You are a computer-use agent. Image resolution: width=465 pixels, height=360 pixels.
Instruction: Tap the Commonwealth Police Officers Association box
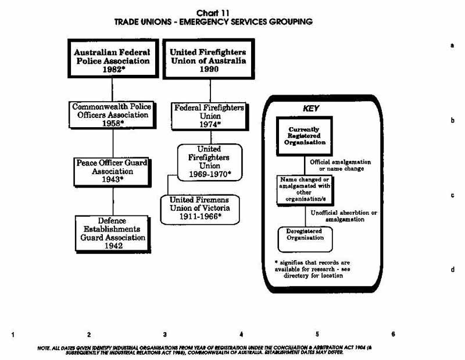click(x=112, y=116)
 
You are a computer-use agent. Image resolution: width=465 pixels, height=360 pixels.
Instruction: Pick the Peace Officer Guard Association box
click(x=112, y=171)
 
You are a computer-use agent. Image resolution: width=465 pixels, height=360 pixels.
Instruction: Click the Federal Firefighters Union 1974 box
click(x=209, y=116)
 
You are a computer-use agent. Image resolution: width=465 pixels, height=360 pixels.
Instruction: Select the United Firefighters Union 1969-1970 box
click(x=209, y=162)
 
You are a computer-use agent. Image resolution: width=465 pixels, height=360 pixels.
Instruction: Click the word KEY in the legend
click(x=311, y=108)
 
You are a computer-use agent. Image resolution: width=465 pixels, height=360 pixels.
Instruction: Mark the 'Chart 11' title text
click(x=213, y=13)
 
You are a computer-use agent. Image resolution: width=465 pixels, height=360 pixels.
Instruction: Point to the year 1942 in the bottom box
click(x=112, y=246)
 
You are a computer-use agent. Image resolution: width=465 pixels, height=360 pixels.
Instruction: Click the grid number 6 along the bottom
click(x=394, y=334)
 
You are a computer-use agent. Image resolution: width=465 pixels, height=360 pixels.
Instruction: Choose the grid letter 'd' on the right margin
click(x=452, y=270)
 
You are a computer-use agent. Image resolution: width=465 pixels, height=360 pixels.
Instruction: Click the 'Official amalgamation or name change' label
click(x=341, y=165)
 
